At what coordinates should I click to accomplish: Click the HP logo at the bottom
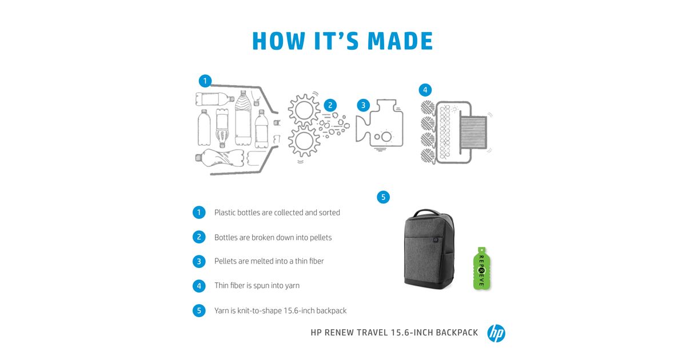496,333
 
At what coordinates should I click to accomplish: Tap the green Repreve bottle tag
482,269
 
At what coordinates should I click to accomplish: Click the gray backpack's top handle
426,213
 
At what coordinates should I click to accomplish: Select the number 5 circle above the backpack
383,197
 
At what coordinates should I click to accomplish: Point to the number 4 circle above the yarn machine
425,90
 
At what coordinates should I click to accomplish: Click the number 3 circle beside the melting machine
363,105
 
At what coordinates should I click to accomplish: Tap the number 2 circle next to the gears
330,105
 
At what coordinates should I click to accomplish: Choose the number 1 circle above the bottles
205,81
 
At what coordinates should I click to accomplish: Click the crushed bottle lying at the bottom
220,158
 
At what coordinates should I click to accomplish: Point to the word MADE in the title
400,41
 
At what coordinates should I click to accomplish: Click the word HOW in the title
279,41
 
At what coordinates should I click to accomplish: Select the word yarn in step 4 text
292,286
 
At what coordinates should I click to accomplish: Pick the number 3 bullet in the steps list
199,262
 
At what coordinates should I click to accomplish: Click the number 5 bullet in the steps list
199,311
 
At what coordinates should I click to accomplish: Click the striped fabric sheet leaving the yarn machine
473,132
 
